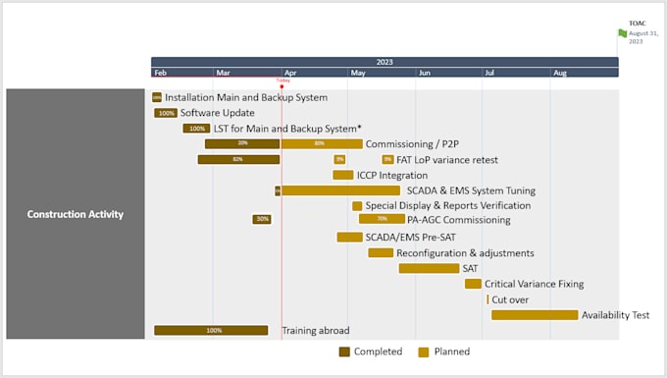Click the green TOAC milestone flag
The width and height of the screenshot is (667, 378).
[622, 33]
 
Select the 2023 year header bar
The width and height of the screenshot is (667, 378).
[385, 62]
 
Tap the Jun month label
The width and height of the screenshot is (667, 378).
[424, 73]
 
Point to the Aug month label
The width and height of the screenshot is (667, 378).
[559, 73]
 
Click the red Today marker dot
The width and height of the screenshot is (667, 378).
[282, 86]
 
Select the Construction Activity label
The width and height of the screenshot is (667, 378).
[76, 214]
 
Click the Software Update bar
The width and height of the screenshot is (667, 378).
[166, 113]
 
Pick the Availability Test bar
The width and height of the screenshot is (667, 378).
[535, 315]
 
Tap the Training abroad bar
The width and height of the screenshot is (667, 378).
[211, 331]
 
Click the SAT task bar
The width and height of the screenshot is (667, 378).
[429, 268]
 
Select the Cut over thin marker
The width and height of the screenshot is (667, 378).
[487, 299]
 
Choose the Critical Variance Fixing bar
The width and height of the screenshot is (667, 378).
[473, 284]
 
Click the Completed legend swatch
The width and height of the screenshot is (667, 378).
[344, 351]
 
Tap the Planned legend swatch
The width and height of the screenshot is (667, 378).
[424, 351]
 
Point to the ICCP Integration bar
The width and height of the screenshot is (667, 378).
[342, 175]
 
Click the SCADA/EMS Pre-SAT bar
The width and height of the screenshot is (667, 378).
[349, 237]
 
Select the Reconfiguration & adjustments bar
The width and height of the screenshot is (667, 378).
[381, 252]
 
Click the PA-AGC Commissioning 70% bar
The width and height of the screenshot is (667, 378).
[382, 219]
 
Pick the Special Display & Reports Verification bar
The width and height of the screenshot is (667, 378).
[357, 206]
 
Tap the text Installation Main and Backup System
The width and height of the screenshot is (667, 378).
[246, 97]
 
